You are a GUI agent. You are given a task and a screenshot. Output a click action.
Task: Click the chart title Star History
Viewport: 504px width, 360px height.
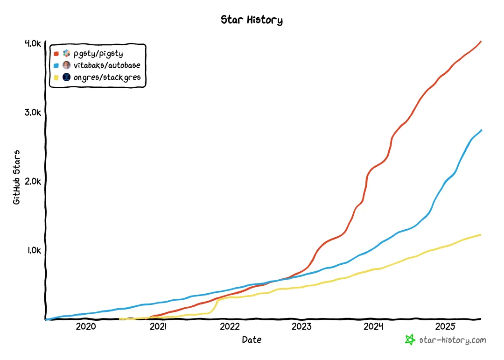tap(252, 20)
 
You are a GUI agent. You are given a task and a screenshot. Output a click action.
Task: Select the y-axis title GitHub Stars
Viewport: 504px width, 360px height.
tap(16, 177)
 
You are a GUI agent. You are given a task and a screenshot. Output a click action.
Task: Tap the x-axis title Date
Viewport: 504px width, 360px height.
tap(252, 339)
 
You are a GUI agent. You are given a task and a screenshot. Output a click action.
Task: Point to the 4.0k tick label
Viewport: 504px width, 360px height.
tap(33, 43)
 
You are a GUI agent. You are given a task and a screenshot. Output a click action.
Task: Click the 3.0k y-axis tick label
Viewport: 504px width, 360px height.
tap(33, 112)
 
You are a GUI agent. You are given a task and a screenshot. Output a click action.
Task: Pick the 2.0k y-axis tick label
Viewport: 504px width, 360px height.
tap(33, 182)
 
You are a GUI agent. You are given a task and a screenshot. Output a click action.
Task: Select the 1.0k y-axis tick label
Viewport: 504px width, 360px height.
tap(34, 250)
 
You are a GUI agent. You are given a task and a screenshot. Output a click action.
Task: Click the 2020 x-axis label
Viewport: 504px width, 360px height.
tap(86, 326)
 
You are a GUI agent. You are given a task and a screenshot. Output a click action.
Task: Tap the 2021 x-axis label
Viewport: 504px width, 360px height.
tap(158, 326)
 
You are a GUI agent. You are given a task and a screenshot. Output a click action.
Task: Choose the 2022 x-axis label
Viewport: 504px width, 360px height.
tap(230, 326)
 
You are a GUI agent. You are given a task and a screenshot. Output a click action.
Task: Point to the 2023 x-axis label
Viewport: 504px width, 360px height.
tap(301, 326)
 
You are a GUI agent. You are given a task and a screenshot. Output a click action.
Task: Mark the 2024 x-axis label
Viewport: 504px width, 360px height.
tap(373, 326)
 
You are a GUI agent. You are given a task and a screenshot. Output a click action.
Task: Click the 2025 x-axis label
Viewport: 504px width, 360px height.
tap(445, 326)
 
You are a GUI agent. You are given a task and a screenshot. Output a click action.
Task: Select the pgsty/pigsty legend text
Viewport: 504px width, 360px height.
tap(98, 54)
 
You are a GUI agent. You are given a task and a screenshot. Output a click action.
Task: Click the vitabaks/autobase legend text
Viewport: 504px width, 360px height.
tap(107, 65)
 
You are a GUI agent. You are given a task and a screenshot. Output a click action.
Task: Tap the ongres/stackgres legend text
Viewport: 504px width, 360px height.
tap(107, 78)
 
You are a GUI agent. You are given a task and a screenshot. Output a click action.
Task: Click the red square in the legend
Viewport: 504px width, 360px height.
tap(56, 54)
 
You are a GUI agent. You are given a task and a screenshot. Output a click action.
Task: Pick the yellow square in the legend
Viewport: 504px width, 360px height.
tap(56, 78)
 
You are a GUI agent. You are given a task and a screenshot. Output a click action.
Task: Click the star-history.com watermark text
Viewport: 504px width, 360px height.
tap(453, 340)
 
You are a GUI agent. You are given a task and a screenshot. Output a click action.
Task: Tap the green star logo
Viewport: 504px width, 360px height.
tap(410, 340)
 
